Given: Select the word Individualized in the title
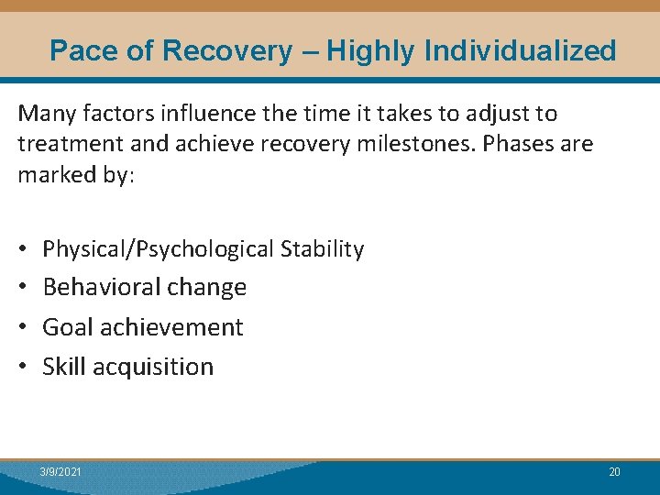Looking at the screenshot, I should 524,50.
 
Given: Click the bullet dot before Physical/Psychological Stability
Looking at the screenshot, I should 23,249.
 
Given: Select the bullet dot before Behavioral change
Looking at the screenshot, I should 23,288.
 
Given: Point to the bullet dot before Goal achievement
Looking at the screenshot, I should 23,327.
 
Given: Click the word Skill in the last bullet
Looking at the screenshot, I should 62,367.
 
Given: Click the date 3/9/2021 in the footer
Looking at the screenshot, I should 60,472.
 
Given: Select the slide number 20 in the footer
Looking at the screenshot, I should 614,472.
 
